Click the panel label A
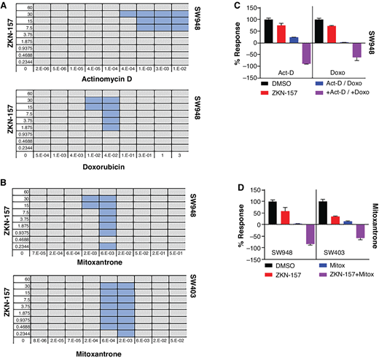pos(5,6)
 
